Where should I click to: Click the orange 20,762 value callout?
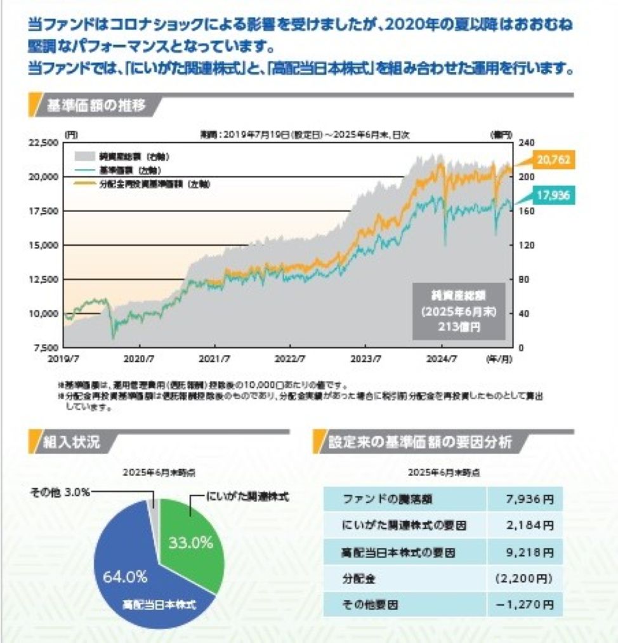pyautogui.click(x=554, y=161)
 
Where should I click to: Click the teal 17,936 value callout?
pyautogui.click(x=554, y=196)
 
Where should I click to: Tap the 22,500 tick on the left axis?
pyautogui.click(x=43, y=143)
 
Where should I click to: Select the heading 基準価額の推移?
pyautogui.click(x=96, y=105)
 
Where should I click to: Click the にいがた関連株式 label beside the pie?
pyautogui.click(x=247, y=496)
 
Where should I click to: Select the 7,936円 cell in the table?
pyautogui.click(x=524, y=499)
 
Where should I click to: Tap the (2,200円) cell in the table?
pyautogui.click(x=524, y=578)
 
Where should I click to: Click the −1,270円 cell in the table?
pyautogui.click(x=524, y=605)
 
